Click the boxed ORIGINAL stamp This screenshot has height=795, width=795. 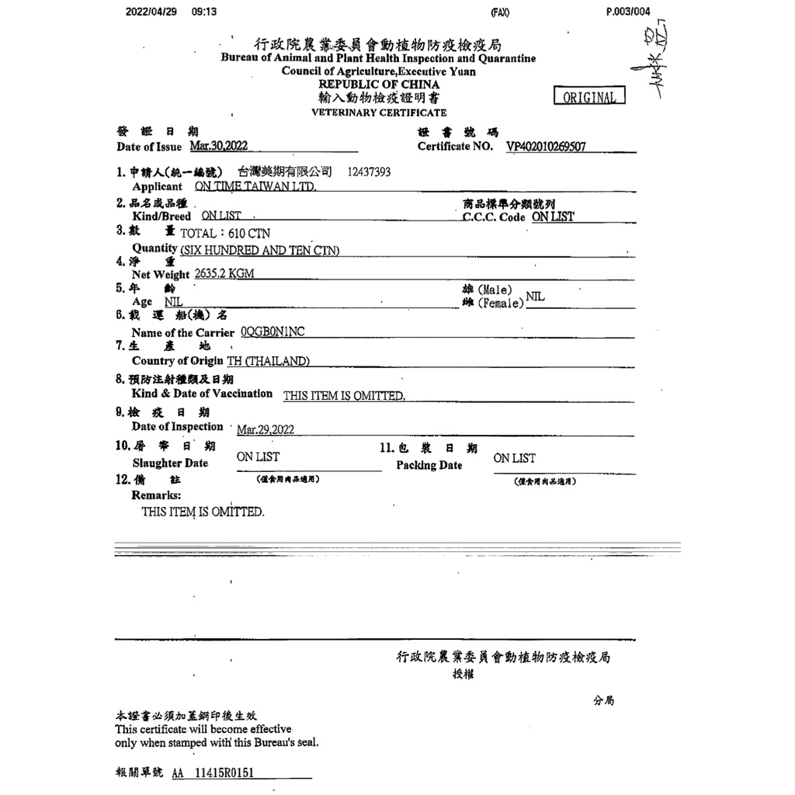point(589,97)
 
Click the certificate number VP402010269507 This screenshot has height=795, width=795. point(546,146)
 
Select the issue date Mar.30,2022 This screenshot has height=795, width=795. point(219,146)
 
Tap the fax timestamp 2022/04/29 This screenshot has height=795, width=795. point(150,12)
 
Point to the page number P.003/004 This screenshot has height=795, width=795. point(628,12)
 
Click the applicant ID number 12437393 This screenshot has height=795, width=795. point(370,172)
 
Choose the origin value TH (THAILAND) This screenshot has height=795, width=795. point(268,361)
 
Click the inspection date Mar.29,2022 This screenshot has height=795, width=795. point(266,429)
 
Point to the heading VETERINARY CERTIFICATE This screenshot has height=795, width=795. point(379,113)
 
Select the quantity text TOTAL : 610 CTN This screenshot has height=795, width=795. point(225,233)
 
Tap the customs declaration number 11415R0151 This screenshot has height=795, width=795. point(224,773)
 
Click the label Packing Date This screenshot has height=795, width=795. point(429,466)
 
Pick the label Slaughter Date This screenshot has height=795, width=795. point(170,463)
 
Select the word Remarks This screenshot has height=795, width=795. point(156,495)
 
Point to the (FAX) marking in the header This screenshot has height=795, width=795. point(500,12)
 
